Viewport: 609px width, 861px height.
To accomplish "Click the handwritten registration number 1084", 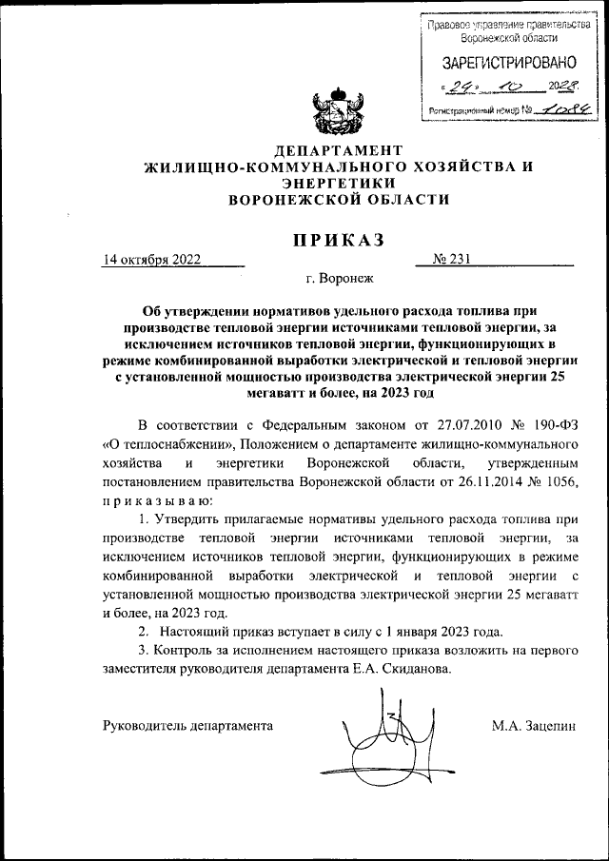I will (561, 109).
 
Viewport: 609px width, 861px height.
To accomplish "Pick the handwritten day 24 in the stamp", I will (464, 87).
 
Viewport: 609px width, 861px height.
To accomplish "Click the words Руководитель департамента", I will (187, 726).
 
